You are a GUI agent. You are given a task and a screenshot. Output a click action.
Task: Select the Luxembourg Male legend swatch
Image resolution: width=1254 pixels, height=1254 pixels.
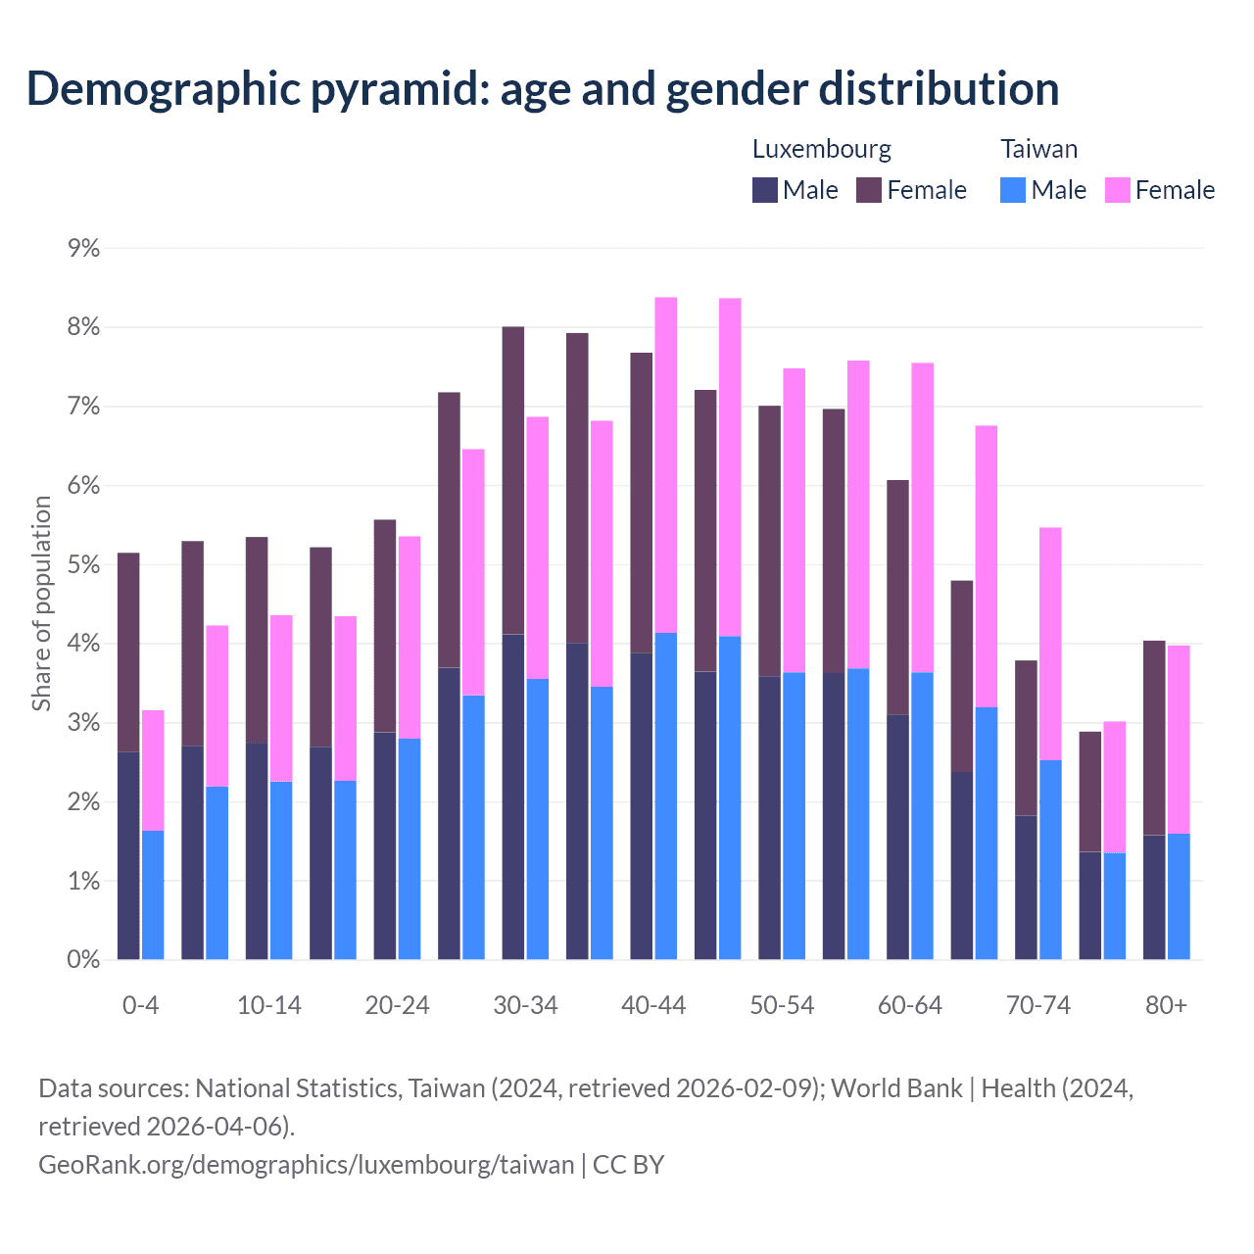[x=765, y=190]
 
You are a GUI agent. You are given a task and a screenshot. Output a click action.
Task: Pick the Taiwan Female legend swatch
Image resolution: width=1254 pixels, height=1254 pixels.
[x=1118, y=190]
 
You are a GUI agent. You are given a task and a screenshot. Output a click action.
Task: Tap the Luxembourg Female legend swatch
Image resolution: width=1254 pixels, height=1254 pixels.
[x=869, y=190]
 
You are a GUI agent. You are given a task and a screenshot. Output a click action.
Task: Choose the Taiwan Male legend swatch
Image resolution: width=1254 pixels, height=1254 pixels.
[x=1013, y=190]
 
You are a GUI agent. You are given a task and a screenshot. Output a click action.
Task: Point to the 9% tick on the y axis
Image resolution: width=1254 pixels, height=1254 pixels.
[x=84, y=248]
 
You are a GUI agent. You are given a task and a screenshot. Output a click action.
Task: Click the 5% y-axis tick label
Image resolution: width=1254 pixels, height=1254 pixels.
[x=84, y=565]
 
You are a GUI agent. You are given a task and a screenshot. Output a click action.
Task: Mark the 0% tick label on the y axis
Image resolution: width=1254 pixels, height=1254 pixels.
[x=84, y=960]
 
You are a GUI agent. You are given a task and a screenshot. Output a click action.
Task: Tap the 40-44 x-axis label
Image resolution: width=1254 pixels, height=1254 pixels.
[x=653, y=1005]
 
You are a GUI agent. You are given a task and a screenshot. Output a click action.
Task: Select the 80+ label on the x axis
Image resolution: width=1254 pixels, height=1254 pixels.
[x=1166, y=1005]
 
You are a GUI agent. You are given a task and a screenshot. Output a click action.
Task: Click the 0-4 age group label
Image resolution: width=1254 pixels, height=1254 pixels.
[x=141, y=1005]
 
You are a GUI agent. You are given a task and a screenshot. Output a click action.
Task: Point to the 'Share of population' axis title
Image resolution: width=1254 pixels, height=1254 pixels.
[x=41, y=603]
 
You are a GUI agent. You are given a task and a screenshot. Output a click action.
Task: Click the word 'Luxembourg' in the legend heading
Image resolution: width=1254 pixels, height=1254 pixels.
[x=822, y=149]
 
